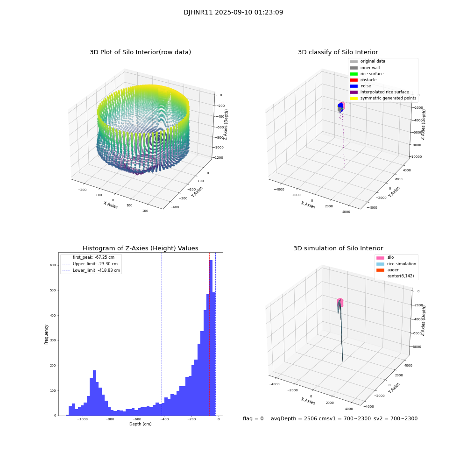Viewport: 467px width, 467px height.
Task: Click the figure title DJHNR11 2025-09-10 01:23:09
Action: pos(233,13)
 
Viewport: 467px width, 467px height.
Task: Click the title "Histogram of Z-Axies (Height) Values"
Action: pos(140,248)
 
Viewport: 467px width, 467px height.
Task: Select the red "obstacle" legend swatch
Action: pos(354,80)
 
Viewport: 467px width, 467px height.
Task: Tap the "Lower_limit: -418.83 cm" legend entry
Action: pos(96,270)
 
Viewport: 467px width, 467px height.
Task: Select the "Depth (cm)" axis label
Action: pos(140,424)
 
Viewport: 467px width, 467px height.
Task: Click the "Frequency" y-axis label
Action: pos(46,334)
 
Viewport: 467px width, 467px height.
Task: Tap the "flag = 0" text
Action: pos(253,419)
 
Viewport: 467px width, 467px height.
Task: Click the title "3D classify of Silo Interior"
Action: pos(338,52)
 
